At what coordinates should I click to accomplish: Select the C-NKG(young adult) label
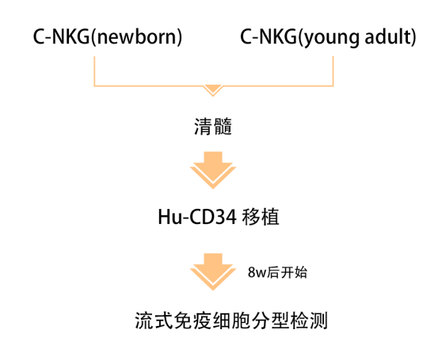(x=328, y=36)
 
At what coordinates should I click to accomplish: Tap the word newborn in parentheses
(x=137, y=36)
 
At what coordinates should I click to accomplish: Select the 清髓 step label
(x=212, y=126)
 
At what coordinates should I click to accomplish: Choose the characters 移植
(x=257, y=216)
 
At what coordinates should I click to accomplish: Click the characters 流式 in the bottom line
(x=154, y=321)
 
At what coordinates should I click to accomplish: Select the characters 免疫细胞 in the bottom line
(x=211, y=321)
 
